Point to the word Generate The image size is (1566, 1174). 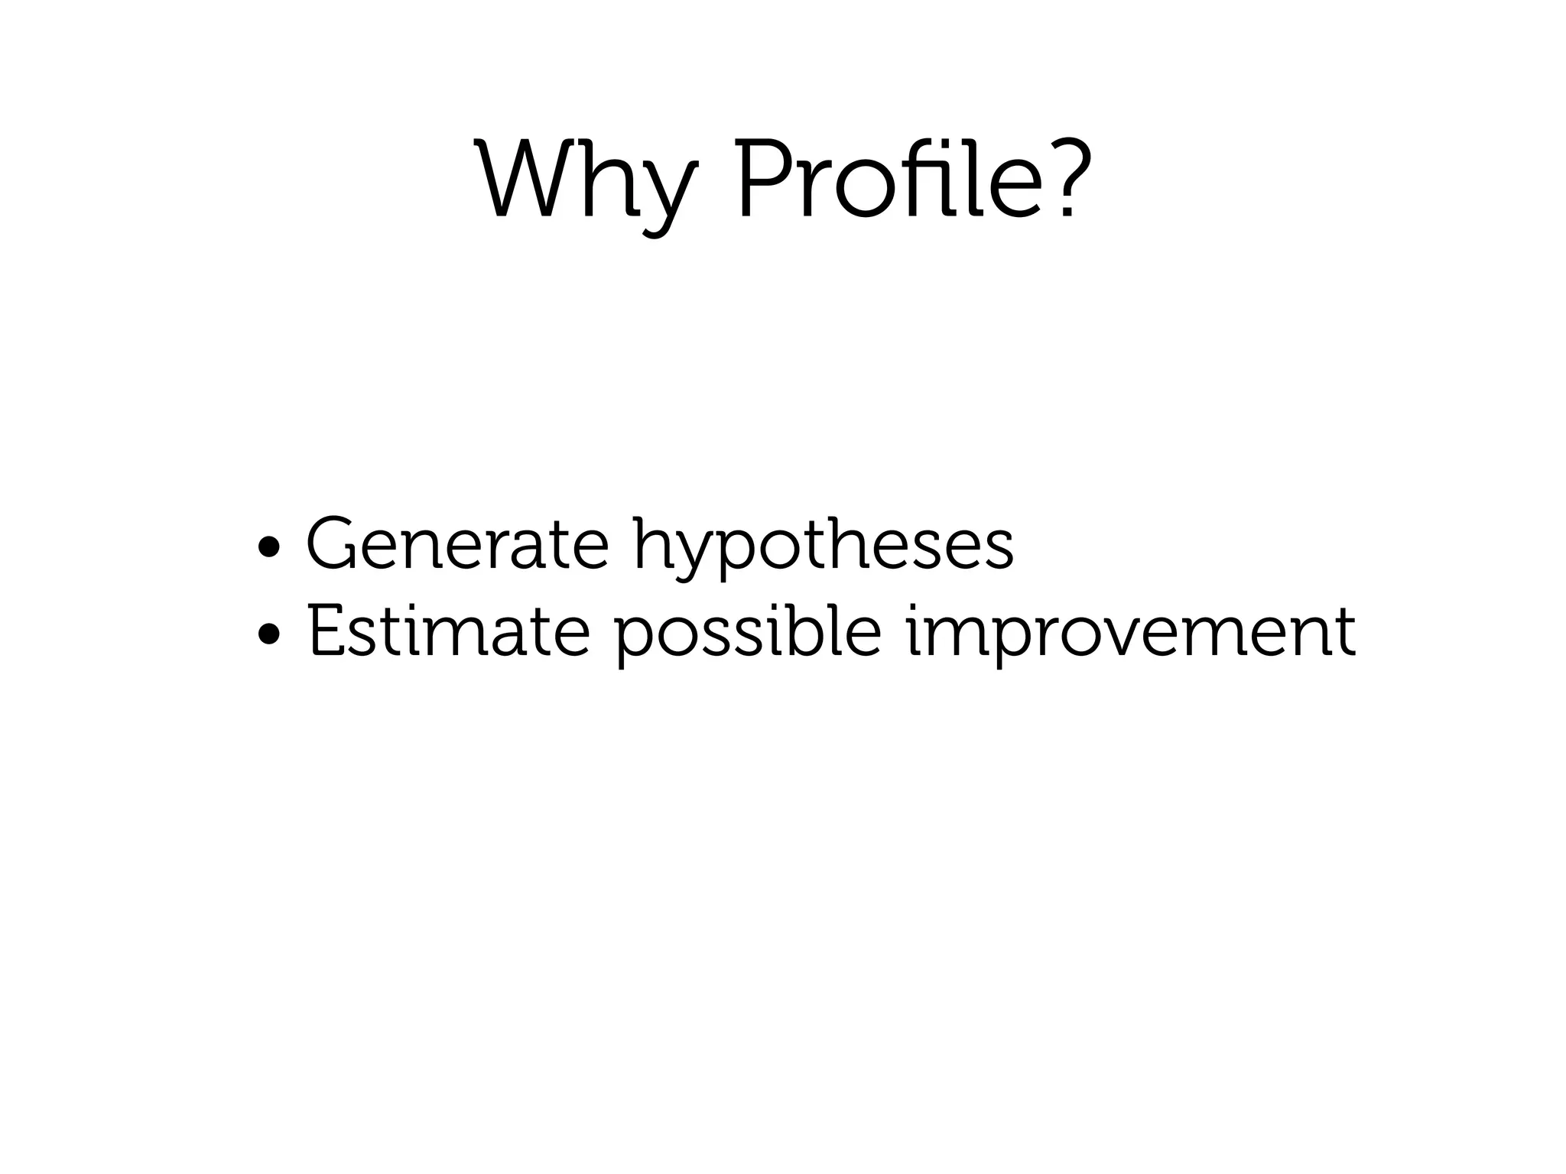coord(457,544)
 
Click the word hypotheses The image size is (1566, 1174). coord(823,547)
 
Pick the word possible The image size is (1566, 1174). coord(749,634)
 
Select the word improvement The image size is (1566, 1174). coord(1131,634)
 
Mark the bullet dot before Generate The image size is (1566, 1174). coord(269,547)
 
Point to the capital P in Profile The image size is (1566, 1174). coord(765,179)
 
